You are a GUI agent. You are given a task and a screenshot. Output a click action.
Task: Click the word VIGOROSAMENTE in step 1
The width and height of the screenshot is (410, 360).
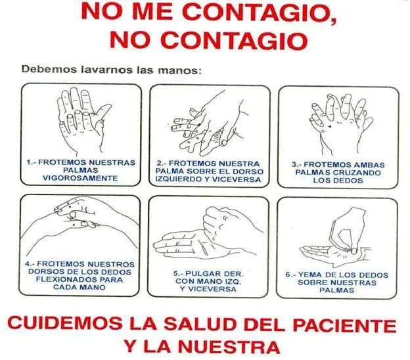tap(80, 178)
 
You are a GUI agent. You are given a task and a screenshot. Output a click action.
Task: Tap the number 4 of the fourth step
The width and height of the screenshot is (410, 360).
tap(28, 264)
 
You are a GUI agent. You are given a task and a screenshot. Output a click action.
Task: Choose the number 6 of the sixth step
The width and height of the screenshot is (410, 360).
tap(288, 275)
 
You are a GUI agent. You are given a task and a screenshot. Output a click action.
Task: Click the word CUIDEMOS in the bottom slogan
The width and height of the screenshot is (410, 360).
tap(65, 323)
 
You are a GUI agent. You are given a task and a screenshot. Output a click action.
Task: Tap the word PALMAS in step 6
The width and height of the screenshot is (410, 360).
tap(337, 290)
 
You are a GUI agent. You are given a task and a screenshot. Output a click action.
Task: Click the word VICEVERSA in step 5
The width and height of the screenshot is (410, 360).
tap(208, 289)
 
